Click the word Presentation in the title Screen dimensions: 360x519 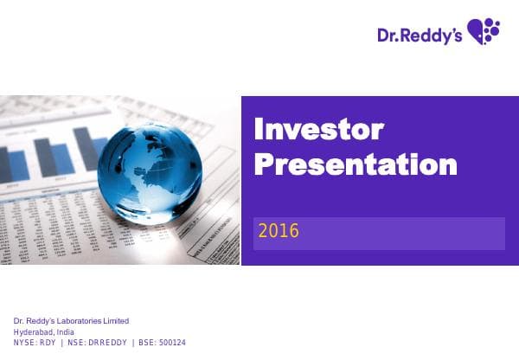point(355,164)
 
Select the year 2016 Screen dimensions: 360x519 point(278,231)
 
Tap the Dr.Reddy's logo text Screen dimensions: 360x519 point(419,35)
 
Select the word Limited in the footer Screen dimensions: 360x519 point(115,322)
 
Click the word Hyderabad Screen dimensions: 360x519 point(33,332)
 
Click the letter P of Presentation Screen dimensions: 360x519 point(263,164)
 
